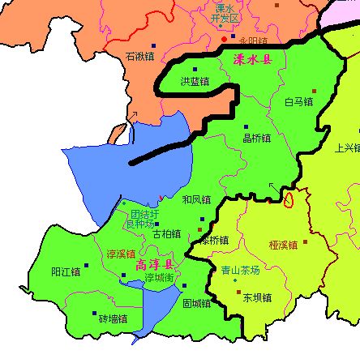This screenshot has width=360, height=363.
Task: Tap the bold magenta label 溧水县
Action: [253, 60]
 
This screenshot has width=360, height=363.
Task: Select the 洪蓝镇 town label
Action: [195, 81]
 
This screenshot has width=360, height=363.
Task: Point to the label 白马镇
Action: [299, 102]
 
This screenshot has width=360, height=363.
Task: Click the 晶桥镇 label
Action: [257, 138]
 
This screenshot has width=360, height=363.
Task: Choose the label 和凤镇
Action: [196, 199]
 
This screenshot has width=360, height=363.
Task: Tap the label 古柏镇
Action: [167, 233]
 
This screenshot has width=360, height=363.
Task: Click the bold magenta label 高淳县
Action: [155, 265]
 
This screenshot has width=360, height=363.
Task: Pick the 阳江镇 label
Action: [66, 271]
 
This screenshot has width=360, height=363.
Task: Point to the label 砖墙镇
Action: [114, 318]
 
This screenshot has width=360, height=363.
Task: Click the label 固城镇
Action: [196, 304]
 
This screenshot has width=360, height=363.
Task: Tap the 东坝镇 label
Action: [257, 297]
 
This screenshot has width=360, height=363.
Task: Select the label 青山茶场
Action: [240, 271]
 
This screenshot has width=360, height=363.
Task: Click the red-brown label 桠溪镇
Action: [283, 244]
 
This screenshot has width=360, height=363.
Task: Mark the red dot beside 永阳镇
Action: [224, 38]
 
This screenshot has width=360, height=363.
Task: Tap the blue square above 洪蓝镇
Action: [195, 69]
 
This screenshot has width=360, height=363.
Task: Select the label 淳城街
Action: [160, 277]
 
